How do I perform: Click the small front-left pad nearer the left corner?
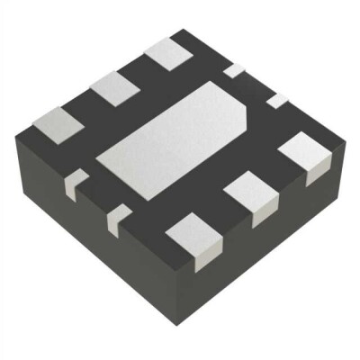76,179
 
